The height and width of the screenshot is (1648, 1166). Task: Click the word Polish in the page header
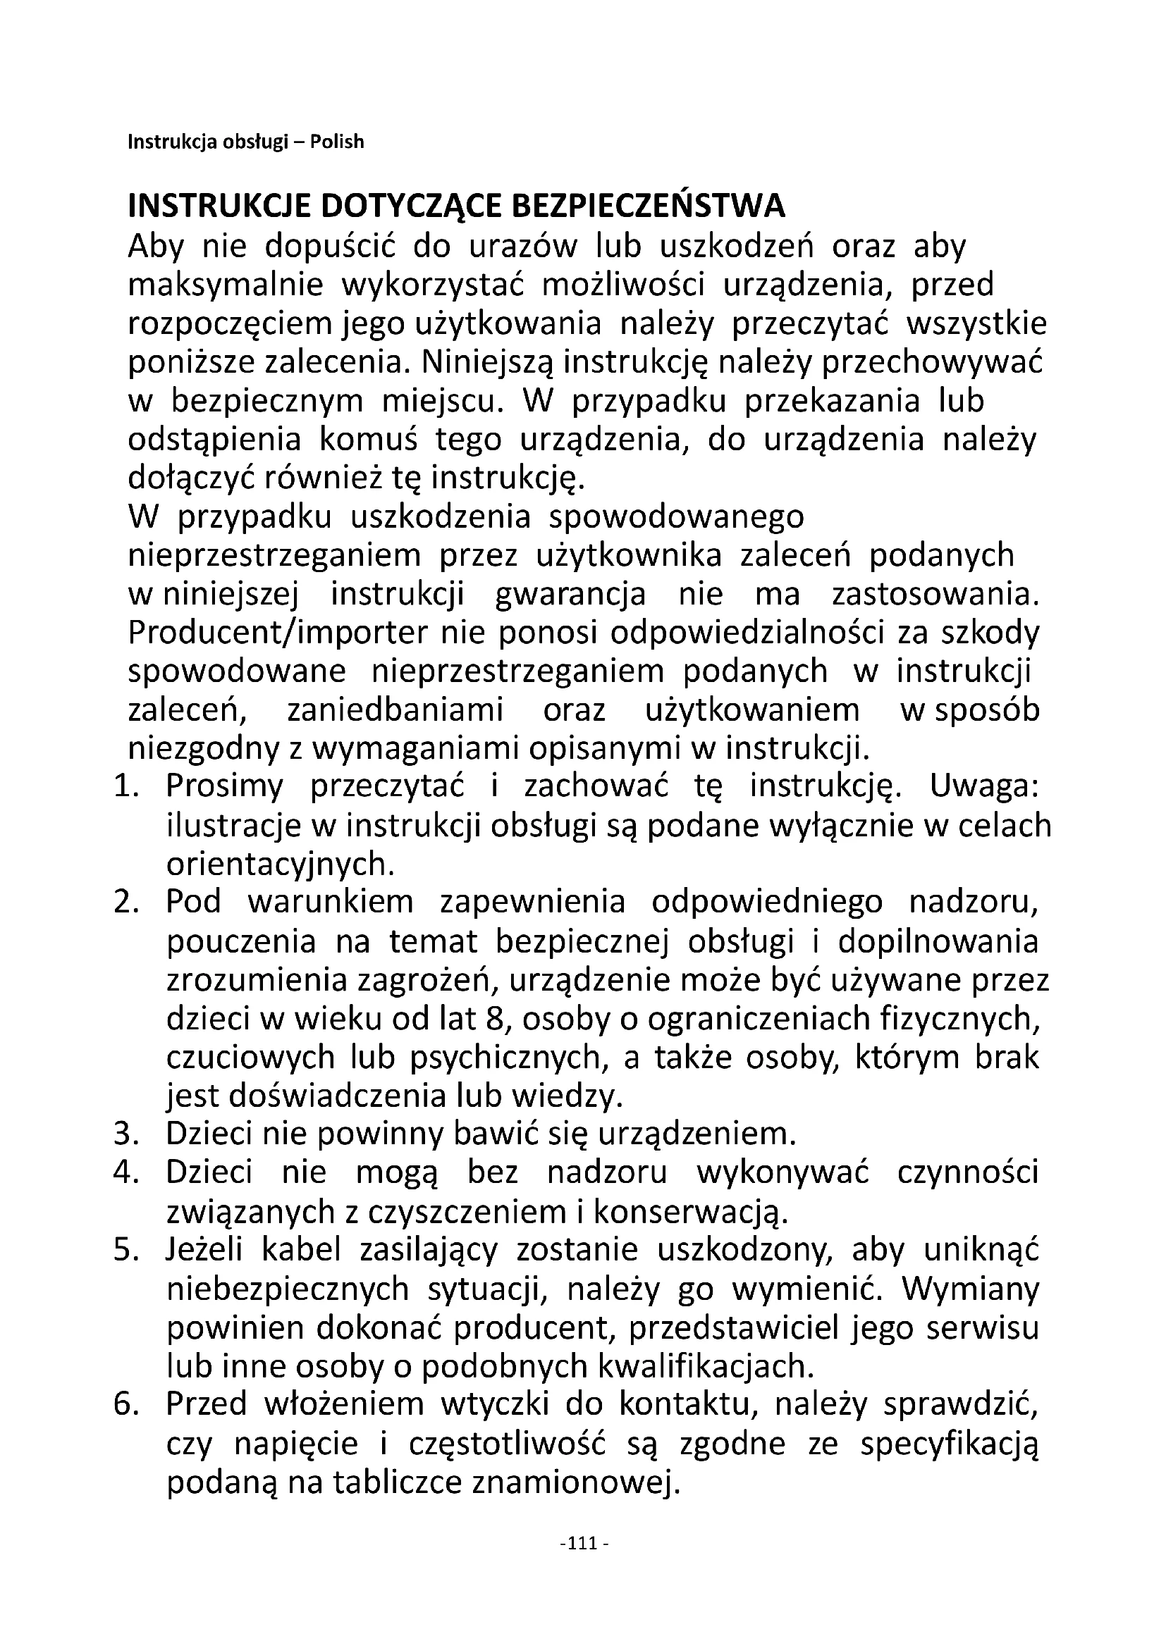337,142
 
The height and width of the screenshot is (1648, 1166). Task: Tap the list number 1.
125,787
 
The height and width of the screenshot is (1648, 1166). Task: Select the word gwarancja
571,595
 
